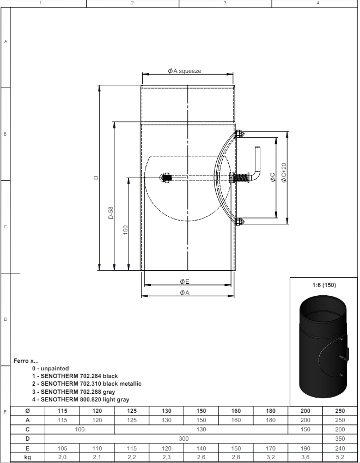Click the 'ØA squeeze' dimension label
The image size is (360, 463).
(x=184, y=71)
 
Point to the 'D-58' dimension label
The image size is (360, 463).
(x=111, y=212)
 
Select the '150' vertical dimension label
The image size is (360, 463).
(x=125, y=230)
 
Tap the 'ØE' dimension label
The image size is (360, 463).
(x=184, y=282)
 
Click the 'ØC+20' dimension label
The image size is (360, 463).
(x=284, y=173)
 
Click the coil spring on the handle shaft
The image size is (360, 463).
(x=242, y=178)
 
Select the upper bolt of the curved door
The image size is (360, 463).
(x=239, y=134)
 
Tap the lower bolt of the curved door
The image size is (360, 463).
(x=239, y=222)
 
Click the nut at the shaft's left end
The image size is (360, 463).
(x=166, y=178)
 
